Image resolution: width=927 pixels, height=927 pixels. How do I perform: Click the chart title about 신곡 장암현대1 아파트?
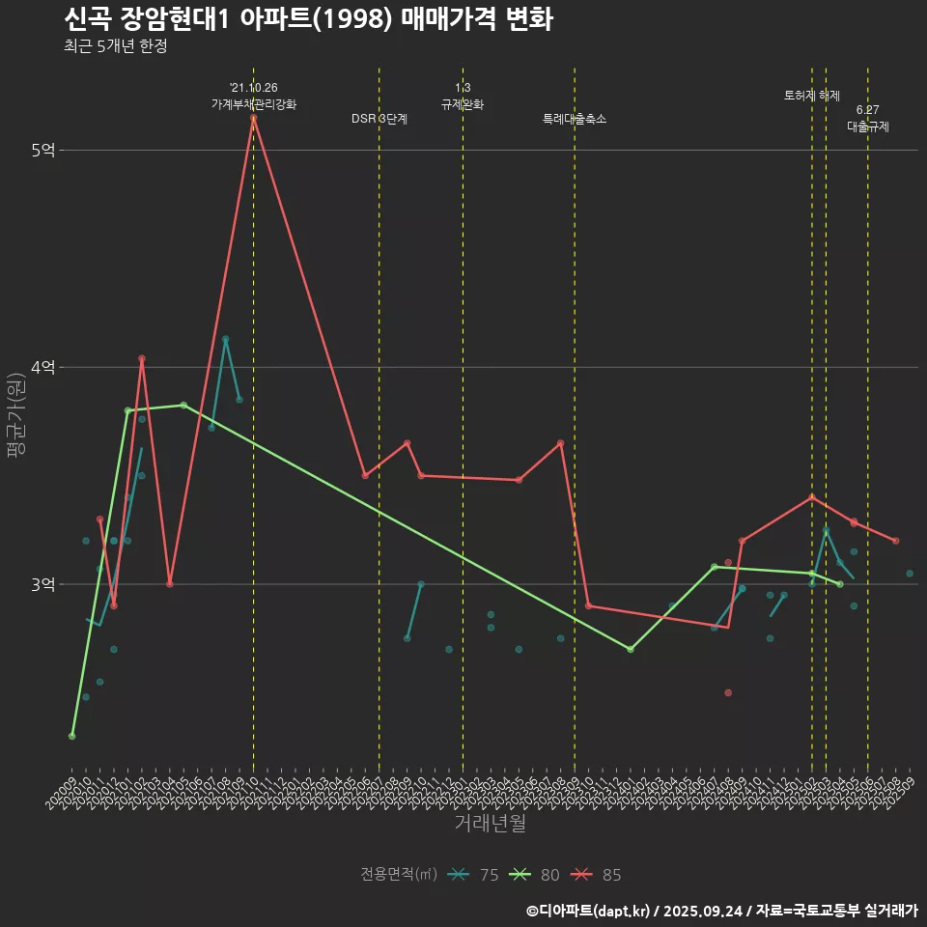[308, 19]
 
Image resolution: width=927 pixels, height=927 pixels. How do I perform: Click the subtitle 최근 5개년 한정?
[115, 46]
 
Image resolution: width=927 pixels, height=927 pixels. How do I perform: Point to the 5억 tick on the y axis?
[43, 150]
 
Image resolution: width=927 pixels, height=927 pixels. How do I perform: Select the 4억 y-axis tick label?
[43, 367]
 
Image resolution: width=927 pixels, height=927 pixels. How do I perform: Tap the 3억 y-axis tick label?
[43, 584]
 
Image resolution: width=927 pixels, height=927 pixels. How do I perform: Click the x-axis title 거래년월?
[490, 823]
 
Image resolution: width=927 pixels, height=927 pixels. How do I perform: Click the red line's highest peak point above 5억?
[253, 118]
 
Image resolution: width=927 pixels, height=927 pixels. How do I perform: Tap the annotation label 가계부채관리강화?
[254, 103]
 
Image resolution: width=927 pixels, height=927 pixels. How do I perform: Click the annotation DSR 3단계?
[379, 119]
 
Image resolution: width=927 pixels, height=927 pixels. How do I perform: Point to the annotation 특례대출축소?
[575, 119]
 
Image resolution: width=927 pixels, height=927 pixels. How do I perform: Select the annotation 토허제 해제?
[812, 96]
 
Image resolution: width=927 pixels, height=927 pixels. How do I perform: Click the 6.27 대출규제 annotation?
[868, 118]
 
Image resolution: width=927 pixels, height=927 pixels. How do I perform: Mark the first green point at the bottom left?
[71, 736]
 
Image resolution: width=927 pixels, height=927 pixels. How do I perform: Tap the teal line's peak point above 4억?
[225, 339]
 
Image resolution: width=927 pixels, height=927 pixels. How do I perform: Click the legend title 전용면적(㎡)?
[399, 875]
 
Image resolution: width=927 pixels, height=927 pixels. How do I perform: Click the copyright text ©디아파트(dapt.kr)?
[589, 911]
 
